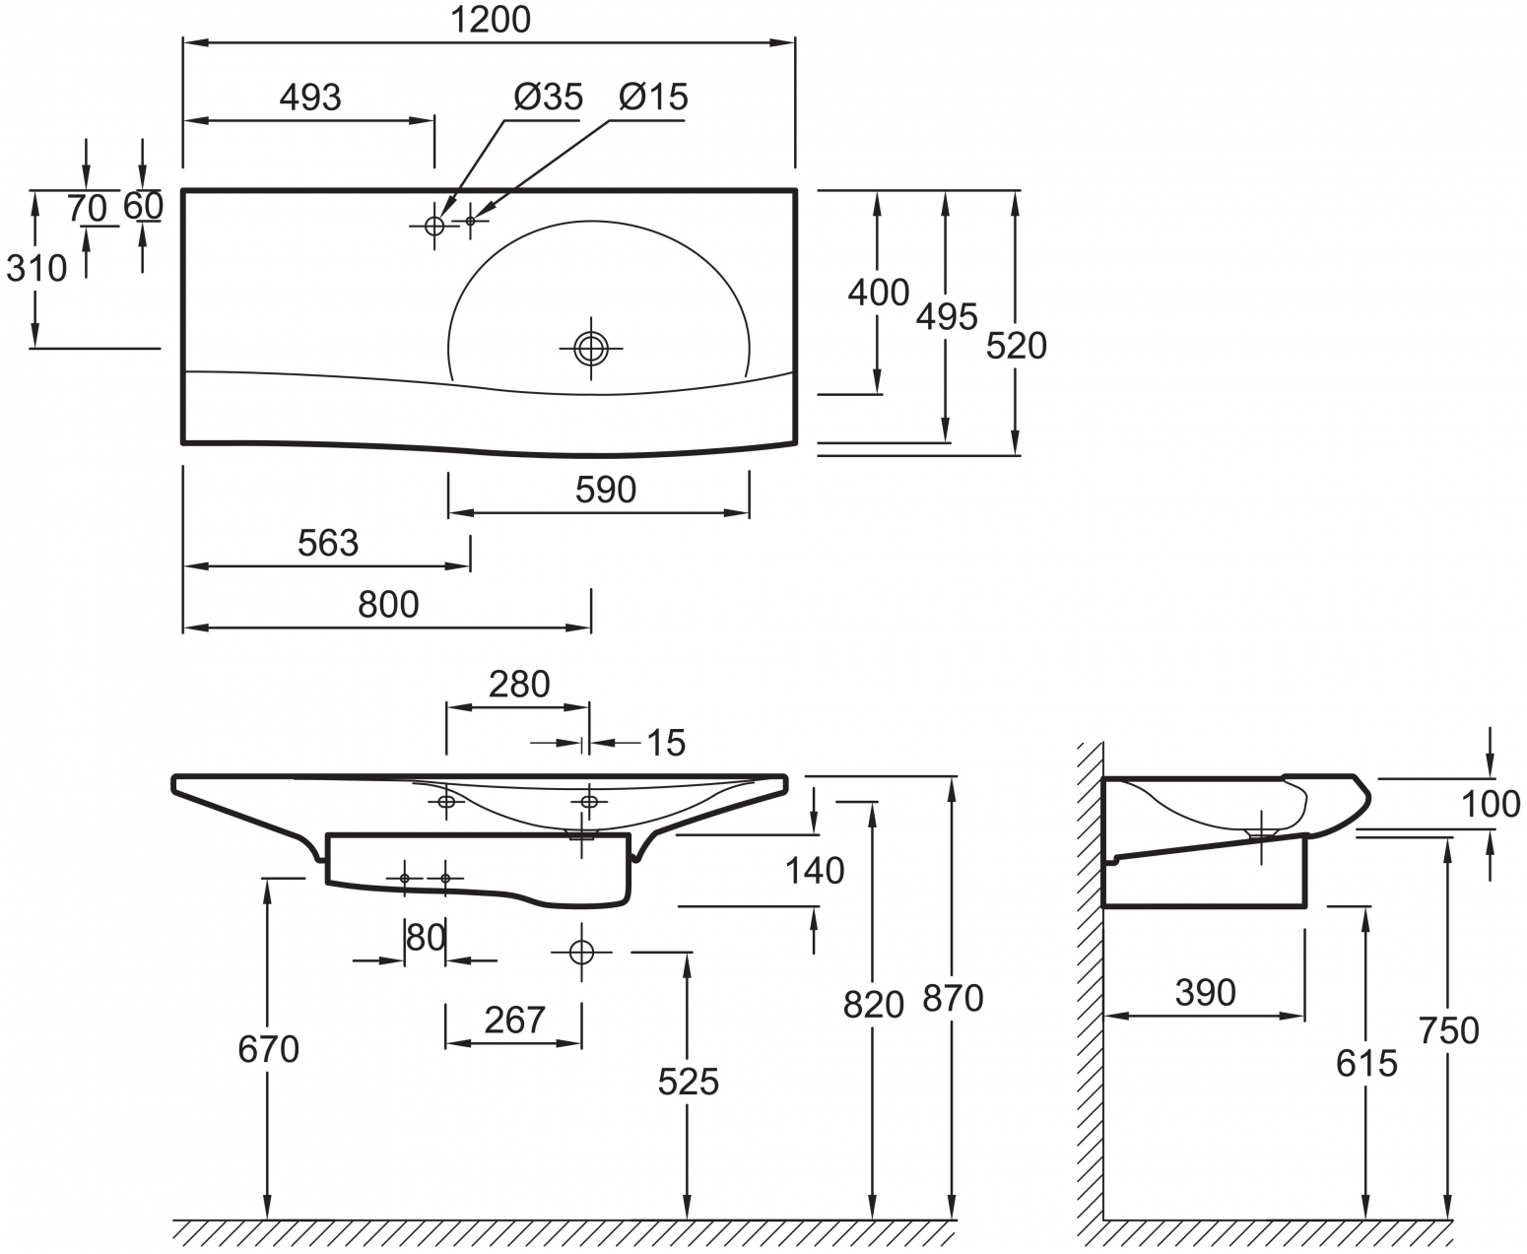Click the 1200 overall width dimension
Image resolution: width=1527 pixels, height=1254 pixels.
coord(491,20)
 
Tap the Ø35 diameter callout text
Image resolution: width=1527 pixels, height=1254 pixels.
coord(548,97)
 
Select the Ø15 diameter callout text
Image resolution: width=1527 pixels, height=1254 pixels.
coord(653,97)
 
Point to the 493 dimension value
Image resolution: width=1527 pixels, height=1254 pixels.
coord(310,97)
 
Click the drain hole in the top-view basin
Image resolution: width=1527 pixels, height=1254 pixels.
coord(591,349)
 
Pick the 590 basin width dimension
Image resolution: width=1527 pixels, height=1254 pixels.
coord(605,491)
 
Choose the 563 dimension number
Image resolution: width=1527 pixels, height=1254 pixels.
coord(327,543)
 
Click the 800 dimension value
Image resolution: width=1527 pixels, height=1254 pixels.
coord(388,605)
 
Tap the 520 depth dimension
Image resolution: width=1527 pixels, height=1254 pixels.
coord(1016,346)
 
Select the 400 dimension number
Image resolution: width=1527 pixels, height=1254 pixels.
coord(878,293)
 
